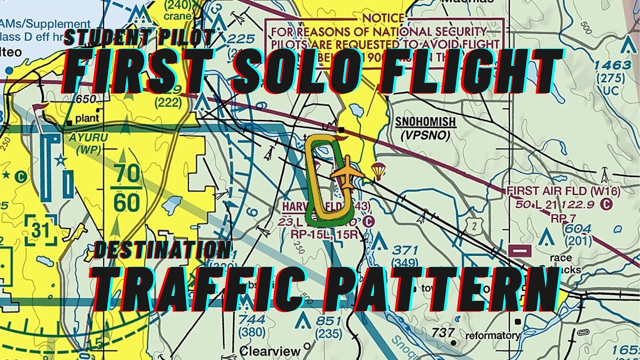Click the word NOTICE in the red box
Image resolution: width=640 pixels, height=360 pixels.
tap(383, 18)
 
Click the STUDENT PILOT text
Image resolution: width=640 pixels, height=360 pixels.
tap(139, 37)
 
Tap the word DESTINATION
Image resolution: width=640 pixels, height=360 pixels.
tap(162, 249)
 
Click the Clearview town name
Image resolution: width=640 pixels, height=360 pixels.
tap(264, 350)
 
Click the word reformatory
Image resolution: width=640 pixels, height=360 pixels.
tap(492, 335)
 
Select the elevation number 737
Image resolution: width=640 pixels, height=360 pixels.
tap(443, 332)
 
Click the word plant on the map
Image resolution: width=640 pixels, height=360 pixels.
tap(87, 118)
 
